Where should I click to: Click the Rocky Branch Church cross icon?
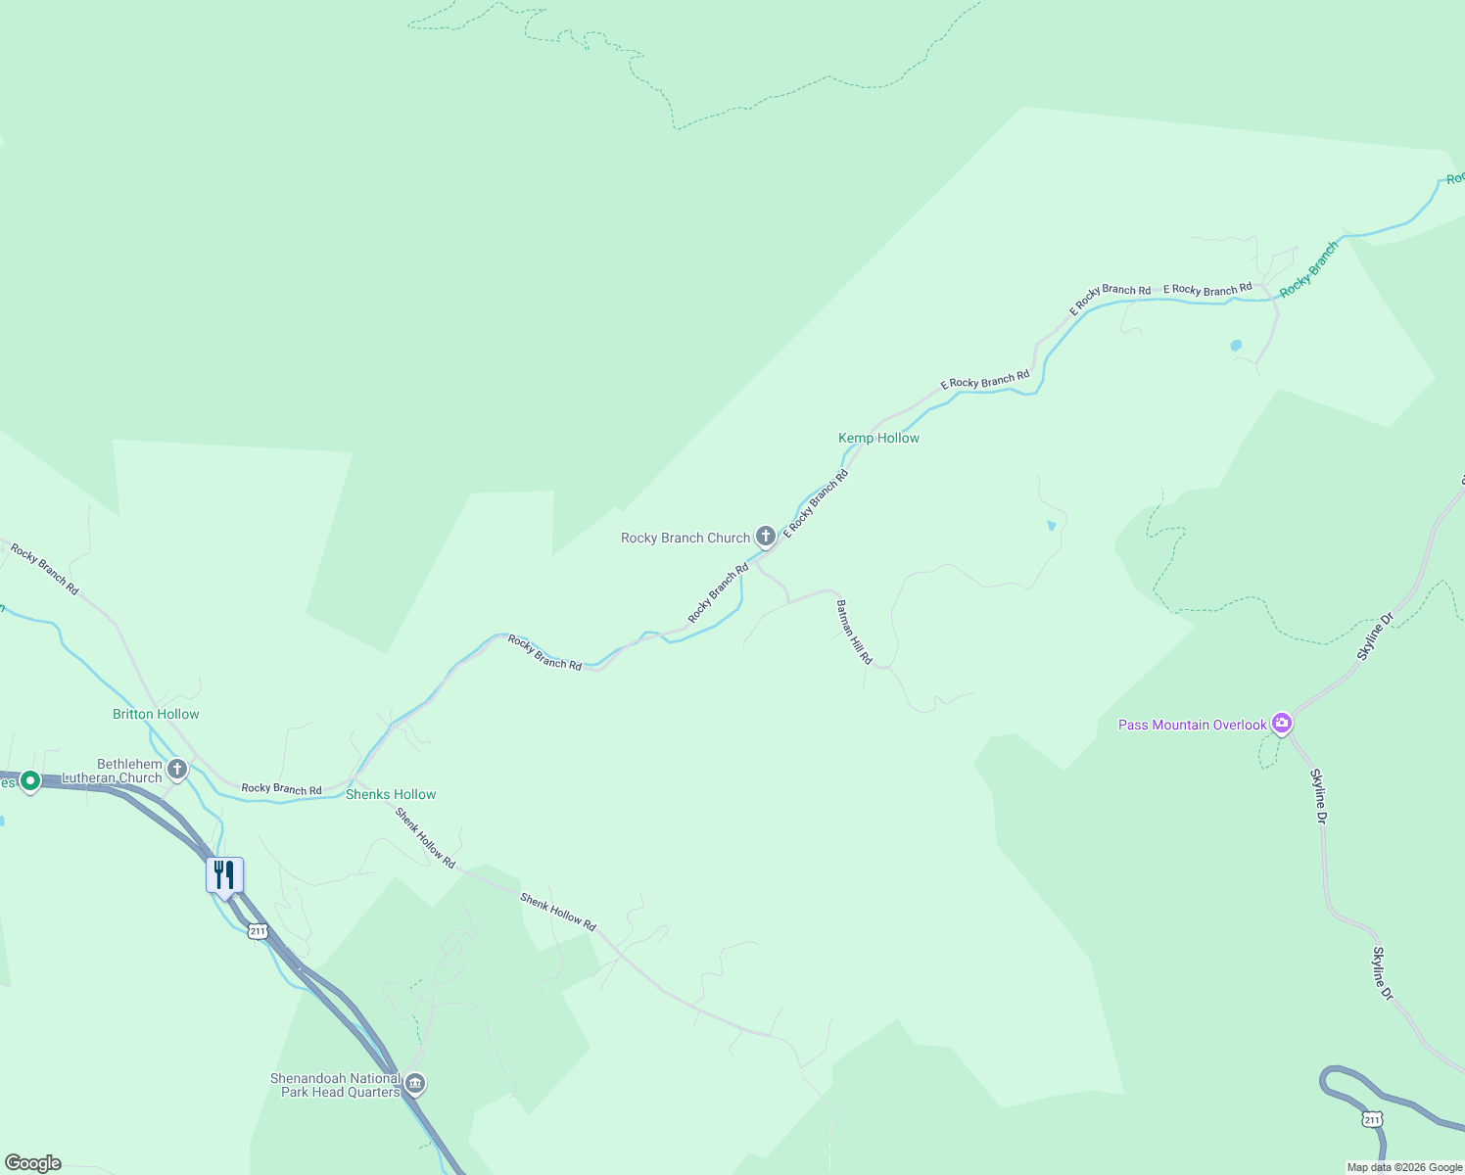[x=766, y=537]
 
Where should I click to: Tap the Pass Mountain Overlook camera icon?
[x=1282, y=724]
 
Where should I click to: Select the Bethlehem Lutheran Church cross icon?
[x=177, y=770]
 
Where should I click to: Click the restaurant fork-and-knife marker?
[x=224, y=875]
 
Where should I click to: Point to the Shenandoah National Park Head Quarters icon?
[x=415, y=1084]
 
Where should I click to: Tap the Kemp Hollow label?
[x=878, y=438]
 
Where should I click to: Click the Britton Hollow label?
[x=156, y=714]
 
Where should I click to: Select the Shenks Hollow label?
[x=391, y=794]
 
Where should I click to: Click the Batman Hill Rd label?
[x=854, y=633]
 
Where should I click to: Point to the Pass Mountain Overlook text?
[x=1192, y=725]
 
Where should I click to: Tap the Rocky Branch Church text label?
[x=685, y=538]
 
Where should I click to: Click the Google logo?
[x=33, y=1163]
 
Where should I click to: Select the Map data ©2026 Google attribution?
[x=1404, y=1167]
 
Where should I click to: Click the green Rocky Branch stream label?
[x=1308, y=269]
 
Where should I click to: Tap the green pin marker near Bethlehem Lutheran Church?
[x=29, y=781]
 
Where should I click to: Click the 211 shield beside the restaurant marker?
[x=258, y=931]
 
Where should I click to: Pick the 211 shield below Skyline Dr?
[x=1372, y=1119]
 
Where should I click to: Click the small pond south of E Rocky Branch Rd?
[x=1236, y=346]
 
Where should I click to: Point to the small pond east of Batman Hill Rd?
[x=1052, y=526]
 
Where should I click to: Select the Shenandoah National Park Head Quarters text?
[x=335, y=1085]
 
